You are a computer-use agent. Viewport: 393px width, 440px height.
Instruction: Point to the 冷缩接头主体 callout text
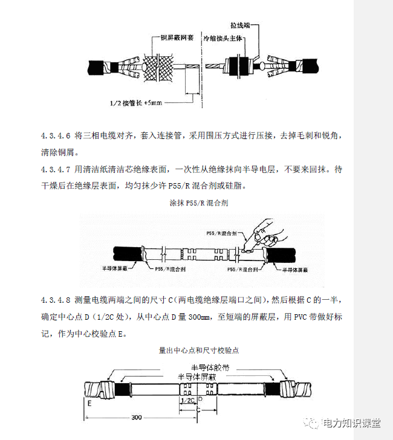tap(223, 37)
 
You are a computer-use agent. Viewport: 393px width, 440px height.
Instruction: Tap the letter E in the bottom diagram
tap(89, 401)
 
